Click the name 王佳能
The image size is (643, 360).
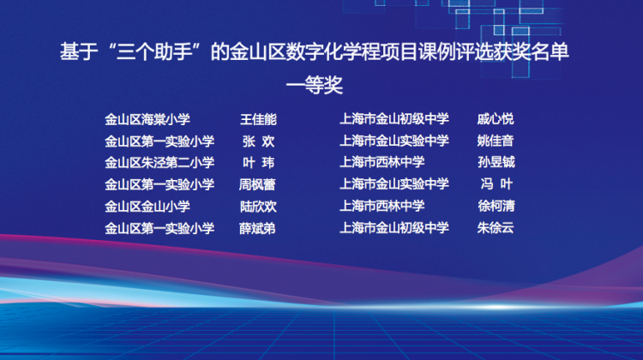click(x=258, y=119)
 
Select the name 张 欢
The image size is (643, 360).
click(x=258, y=141)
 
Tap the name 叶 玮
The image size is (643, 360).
click(x=258, y=163)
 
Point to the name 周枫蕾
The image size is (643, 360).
click(x=257, y=184)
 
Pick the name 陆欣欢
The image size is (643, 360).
click(x=258, y=207)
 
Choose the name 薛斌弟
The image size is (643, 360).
click(x=257, y=228)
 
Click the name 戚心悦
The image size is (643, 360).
click(x=496, y=119)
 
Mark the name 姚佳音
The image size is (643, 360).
click(x=496, y=141)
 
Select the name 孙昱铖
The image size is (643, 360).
click(x=496, y=162)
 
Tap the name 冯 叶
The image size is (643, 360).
click(x=496, y=184)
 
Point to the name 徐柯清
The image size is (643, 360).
click(x=496, y=206)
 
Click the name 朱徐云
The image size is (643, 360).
click(x=496, y=227)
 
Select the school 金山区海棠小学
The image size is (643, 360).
click(x=147, y=119)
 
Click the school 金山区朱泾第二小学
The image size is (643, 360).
click(x=159, y=163)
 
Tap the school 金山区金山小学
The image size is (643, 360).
click(x=147, y=207)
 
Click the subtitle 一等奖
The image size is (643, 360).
click(x=314, y=85)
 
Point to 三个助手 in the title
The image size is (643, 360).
click(x=154, y=52)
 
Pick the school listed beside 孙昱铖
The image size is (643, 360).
click(x=382, y=162)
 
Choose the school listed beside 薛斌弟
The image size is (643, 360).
click(x=159, y=228)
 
